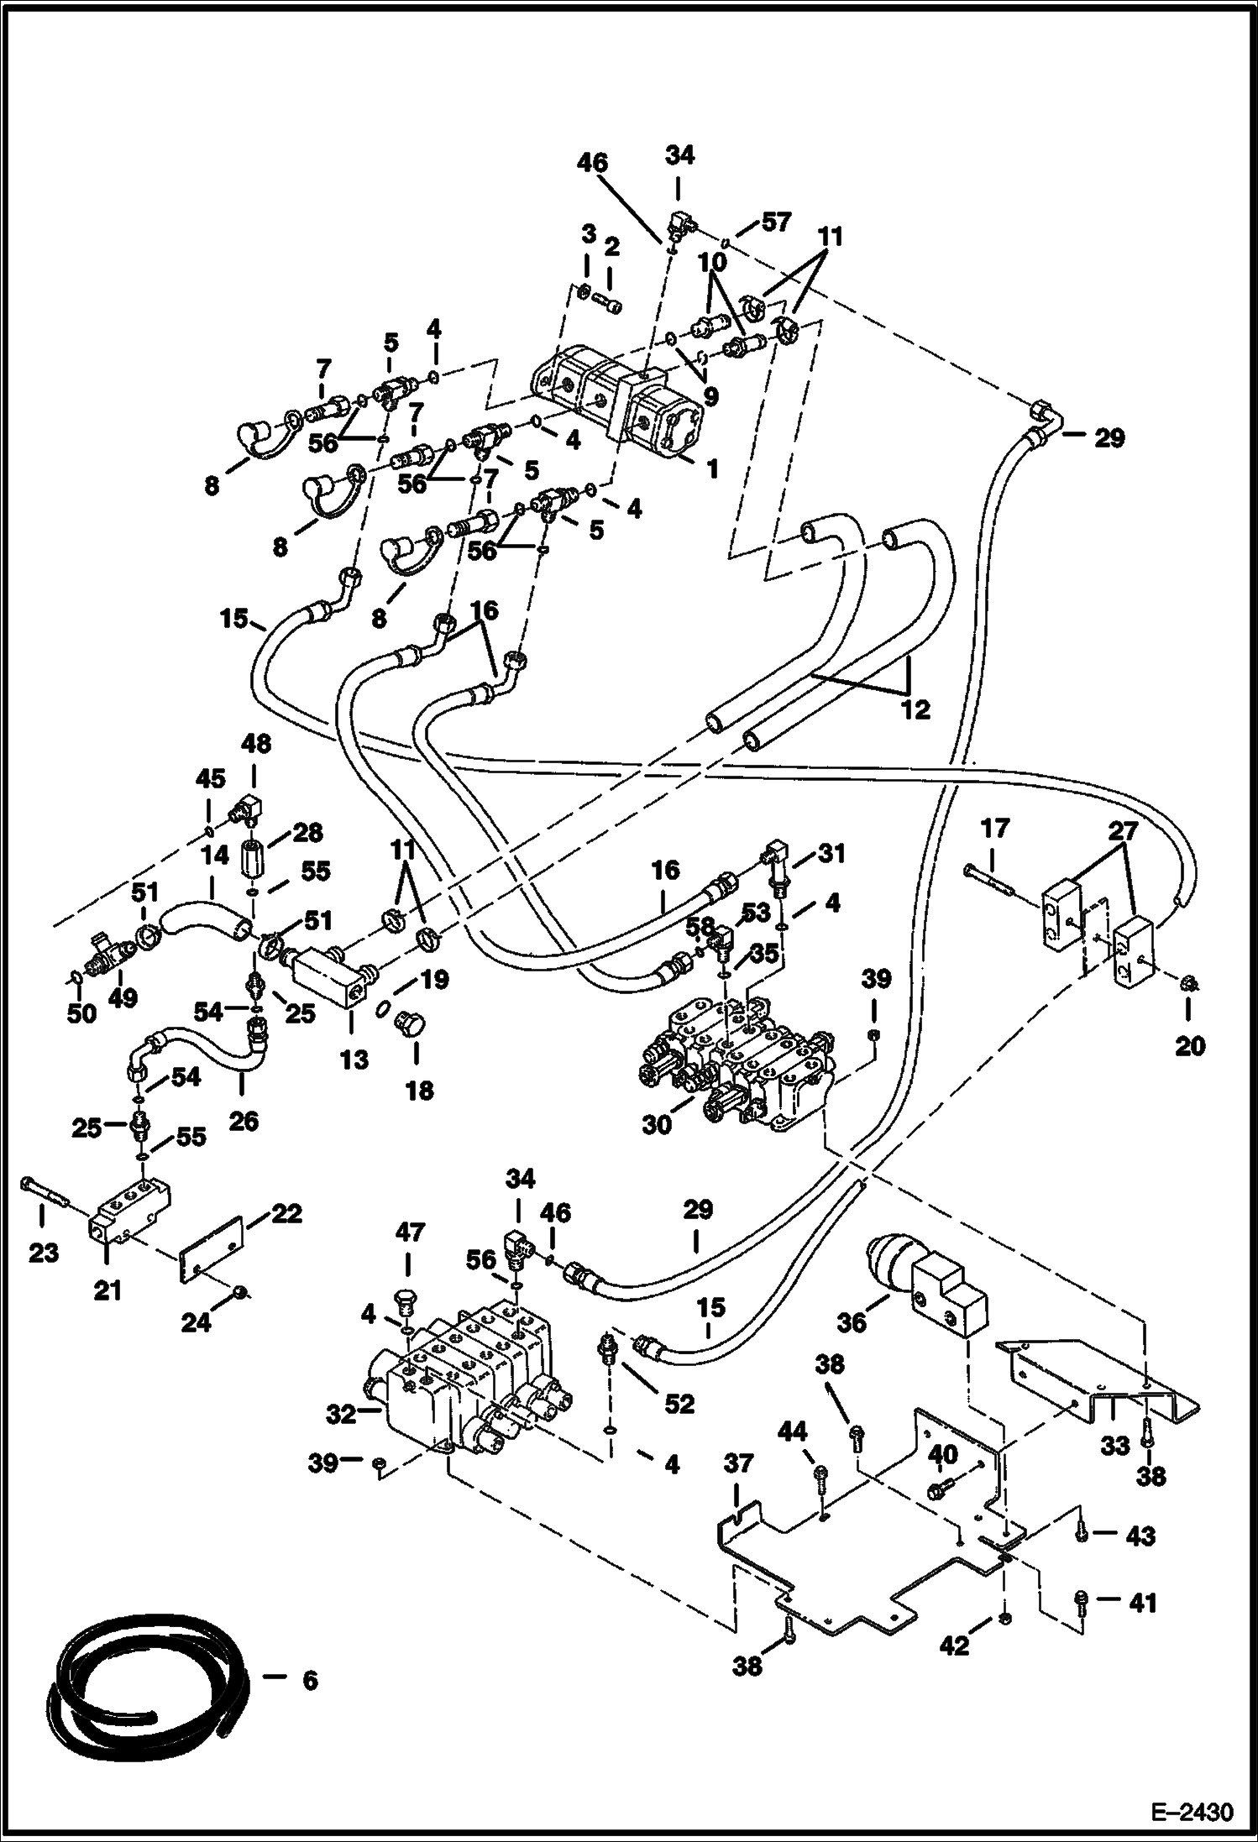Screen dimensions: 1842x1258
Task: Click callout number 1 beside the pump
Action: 712,469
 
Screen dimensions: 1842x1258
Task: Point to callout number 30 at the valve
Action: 657,1124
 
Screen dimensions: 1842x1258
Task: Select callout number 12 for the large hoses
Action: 915,709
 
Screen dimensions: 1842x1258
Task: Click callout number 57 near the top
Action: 776,222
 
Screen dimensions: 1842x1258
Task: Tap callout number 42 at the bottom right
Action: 956,1646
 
